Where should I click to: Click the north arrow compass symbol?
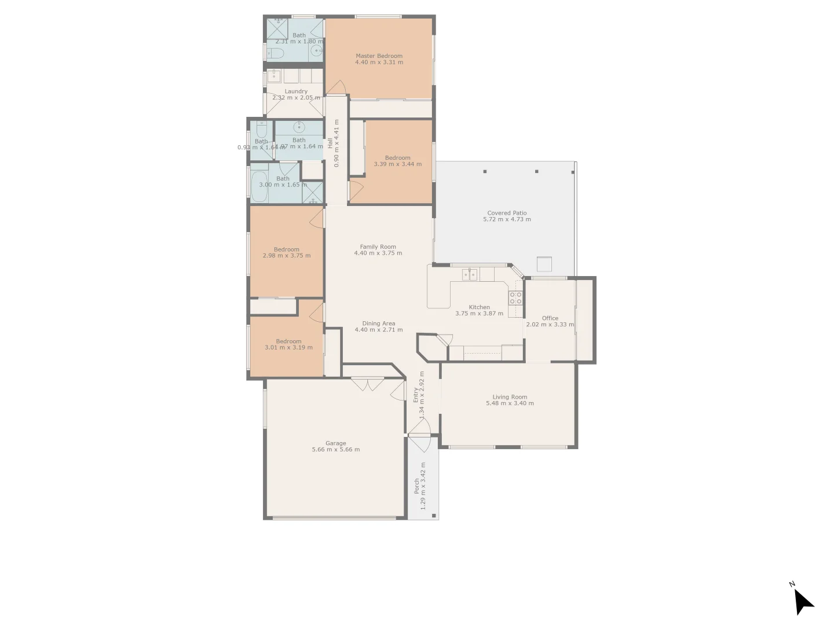click(803, 602)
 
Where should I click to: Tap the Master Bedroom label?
click(379, 56)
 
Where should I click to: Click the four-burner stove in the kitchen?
click(515, 298)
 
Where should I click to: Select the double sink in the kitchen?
click(470, 274)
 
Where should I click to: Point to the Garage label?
click(336, 443)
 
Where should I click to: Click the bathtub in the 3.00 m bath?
click(259, 186)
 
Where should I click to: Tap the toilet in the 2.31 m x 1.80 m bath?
click(276, 54)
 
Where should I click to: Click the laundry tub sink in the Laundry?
click(274, 76)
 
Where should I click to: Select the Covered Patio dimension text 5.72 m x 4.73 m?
click(507, 219)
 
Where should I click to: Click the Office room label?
click(550, 318)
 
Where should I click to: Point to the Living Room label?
click(510, 397)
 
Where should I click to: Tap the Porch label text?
click(417, 486)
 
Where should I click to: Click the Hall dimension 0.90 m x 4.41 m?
click(337, 143)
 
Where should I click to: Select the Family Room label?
click(378, 247)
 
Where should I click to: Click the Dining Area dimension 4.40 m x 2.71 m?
click(379, 330)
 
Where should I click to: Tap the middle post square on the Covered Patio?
click(537, 171)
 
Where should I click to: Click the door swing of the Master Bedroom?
click(336, 87)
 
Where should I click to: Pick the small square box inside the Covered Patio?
click(544, 264)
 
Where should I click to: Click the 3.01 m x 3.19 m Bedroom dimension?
click(288, 348)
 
